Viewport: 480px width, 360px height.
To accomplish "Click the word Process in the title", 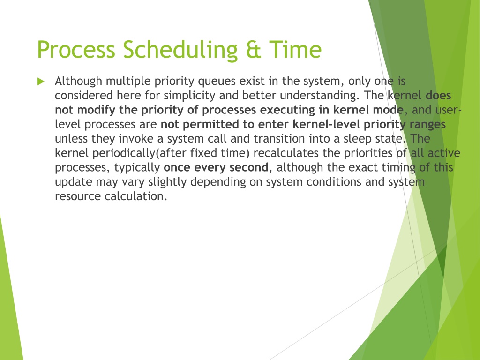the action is (x=76, y=49).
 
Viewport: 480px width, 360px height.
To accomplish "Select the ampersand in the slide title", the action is (x=253, y=50).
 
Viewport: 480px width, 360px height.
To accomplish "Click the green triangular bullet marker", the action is (x=41, y=82).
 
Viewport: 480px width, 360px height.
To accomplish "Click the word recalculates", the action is (x=286, y=153).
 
